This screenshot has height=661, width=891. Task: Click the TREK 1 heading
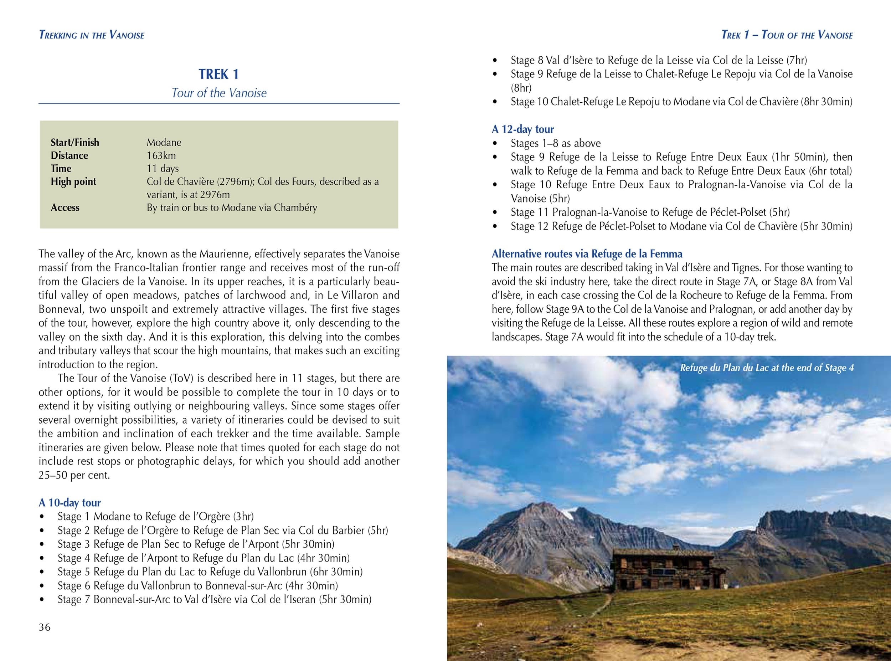coord(218,75)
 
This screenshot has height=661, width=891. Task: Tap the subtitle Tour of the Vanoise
coord(219,93)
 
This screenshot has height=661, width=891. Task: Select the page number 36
coord(45,627)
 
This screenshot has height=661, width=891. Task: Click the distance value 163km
coord(161,155)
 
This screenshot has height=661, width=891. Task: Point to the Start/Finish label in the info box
coord(75,143)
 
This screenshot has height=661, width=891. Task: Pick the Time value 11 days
coord(163,168)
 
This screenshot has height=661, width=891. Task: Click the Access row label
coord(65,207)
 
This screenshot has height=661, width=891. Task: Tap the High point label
coord(73,182)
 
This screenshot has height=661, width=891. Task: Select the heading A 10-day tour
coord(69,503)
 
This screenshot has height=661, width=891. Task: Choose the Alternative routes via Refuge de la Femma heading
coord(587,254)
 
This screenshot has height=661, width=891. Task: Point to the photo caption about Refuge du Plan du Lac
coord(767,368)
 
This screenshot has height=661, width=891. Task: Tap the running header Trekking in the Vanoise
coord(92,35)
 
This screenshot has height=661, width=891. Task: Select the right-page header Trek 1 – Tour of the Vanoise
coord(787,35)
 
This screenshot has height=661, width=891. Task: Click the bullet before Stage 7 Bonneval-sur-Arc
coord(42,600)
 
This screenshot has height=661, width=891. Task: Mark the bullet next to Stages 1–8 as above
coord(495,144)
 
